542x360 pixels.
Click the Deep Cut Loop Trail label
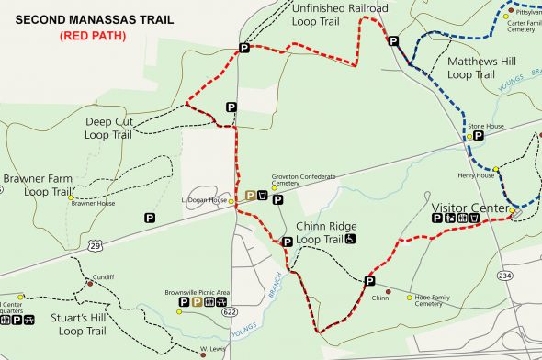[x=107, y=128]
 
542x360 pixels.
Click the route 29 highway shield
[x=96, y=243]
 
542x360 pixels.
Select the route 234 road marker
[x=504, y=276]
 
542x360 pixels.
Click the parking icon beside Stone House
[x=479, y=134]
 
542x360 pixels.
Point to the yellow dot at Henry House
[x=495, y=169]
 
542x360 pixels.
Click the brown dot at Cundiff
[x=89, y=284]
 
